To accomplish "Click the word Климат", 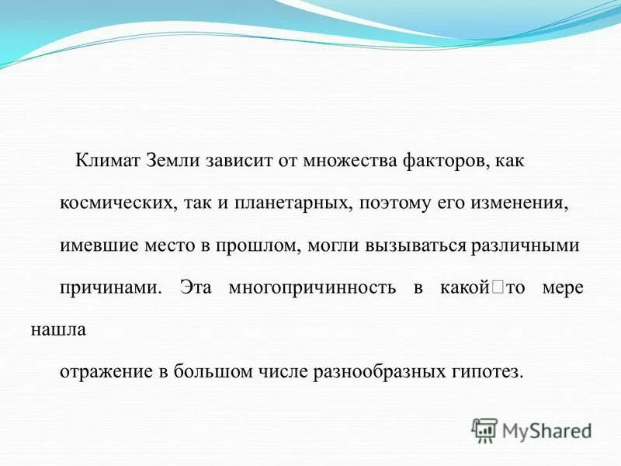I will [106, 162].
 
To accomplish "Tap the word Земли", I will [172, 162].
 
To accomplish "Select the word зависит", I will [238, 162].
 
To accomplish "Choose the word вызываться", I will [420, 246].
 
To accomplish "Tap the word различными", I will [526, 246].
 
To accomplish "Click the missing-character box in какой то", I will [497, 288].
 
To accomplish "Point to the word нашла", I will [58, 329].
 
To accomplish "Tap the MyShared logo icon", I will [485, 429].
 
